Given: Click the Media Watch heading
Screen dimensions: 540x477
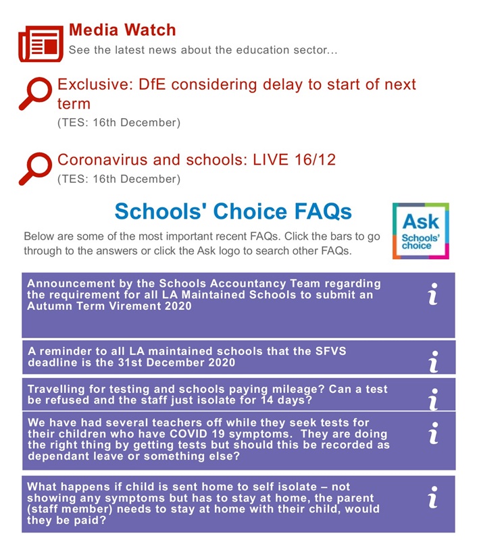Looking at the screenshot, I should pos(122,30).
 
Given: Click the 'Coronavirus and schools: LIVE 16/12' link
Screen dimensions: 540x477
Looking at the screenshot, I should pos(197,160).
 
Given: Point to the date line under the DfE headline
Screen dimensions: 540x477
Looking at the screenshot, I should pos(119,123).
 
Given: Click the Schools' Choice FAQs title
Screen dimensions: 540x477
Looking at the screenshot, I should pos(233,211).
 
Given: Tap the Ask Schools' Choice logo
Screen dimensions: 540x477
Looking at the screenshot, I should pos(420,231).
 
